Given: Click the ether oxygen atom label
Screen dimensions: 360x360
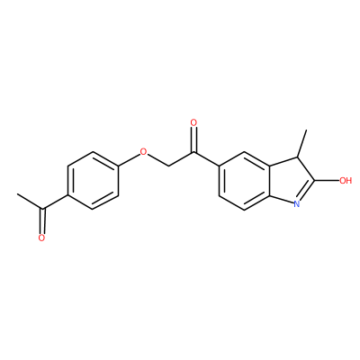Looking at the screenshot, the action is (144, 151).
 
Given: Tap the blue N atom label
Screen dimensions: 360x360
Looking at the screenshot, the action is (297, 204).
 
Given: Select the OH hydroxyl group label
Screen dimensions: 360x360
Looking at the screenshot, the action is (346, 181).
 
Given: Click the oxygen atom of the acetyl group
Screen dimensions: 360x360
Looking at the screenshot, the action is (41, 238).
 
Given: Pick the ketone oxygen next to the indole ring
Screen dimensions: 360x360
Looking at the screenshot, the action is (193, 122).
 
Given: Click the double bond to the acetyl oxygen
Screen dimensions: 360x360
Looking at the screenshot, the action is (42, 221).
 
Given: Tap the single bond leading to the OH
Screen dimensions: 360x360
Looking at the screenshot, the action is (327, 181).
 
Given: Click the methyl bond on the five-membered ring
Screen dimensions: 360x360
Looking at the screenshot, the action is (301, 143).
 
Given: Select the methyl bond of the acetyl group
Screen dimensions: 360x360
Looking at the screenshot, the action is (30, 202).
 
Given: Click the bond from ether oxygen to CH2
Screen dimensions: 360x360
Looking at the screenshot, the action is (157, 159).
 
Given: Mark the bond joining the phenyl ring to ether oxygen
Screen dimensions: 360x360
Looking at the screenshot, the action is (130, 159).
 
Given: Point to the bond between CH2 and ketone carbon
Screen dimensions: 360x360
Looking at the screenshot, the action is (181, 158).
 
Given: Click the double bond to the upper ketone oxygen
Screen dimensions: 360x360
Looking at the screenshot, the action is (194, 139).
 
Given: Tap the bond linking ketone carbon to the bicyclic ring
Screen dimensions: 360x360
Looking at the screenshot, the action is (207, 158).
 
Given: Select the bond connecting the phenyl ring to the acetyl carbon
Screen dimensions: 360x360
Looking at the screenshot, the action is (56, 202).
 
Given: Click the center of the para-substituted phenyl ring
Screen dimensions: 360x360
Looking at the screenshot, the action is (94, 180).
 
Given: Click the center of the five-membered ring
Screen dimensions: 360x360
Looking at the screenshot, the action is (290, 181).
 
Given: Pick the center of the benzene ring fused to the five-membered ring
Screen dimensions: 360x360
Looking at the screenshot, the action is (245, 181).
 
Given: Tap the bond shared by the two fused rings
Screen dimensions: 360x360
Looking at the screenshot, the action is (270, 181).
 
